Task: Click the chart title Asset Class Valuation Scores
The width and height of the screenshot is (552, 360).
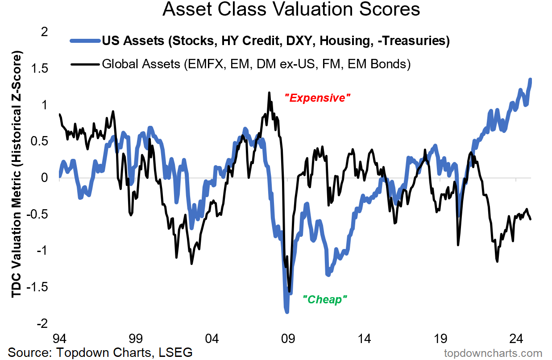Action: click(291, 10)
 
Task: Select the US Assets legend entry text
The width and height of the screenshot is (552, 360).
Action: click(275, 41)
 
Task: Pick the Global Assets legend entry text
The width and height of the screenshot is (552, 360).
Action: click(256, 64)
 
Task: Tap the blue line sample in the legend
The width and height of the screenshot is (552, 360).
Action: click(85, 41)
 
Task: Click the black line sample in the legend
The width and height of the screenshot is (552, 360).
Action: click(85, 64)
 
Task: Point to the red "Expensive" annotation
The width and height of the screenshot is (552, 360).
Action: click(317, 98)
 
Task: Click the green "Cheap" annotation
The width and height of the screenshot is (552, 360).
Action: click(325, 299)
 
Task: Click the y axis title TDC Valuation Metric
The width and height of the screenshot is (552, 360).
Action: click(17, 176)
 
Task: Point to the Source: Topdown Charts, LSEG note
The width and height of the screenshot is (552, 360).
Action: click(100, 352)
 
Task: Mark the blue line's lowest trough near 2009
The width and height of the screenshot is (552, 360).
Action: click(286, 311)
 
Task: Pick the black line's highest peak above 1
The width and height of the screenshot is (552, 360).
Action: click(269, 93)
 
